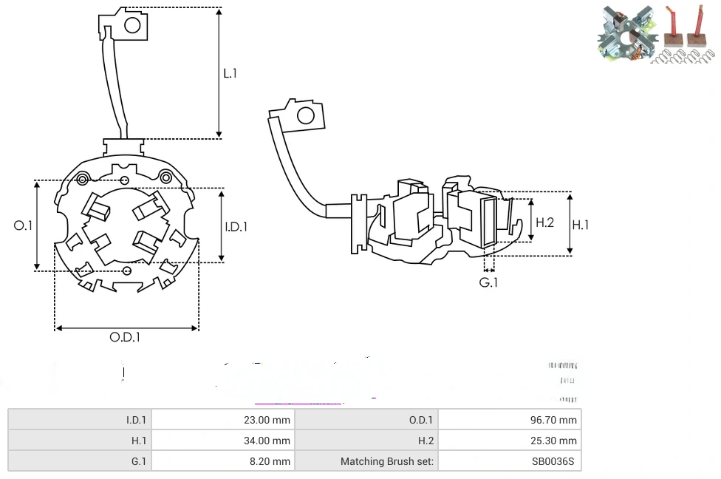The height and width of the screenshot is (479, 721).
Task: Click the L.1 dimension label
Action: click(x=230, y=73)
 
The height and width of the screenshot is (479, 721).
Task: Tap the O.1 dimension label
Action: click(x=24, y=225)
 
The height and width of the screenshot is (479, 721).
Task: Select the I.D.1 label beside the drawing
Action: click(x=236, y=227)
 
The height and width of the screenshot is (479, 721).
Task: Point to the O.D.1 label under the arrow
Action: click(x=125, y=337)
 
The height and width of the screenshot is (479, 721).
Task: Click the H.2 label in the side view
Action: click(x=544, y=222)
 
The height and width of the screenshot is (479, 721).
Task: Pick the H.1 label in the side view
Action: click(x=581, y=225)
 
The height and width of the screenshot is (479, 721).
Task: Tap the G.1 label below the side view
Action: click(x=488, y=282)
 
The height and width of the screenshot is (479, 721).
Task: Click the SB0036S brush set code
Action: click(x=553, y=461)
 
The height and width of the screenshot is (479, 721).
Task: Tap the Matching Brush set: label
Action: click(x=387, y=461)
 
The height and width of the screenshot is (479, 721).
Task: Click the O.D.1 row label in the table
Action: click(x=420, y=420)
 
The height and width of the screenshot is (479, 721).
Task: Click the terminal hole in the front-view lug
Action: click(x=133, y=25)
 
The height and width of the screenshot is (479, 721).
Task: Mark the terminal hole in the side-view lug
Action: click(x=304, y=115)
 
